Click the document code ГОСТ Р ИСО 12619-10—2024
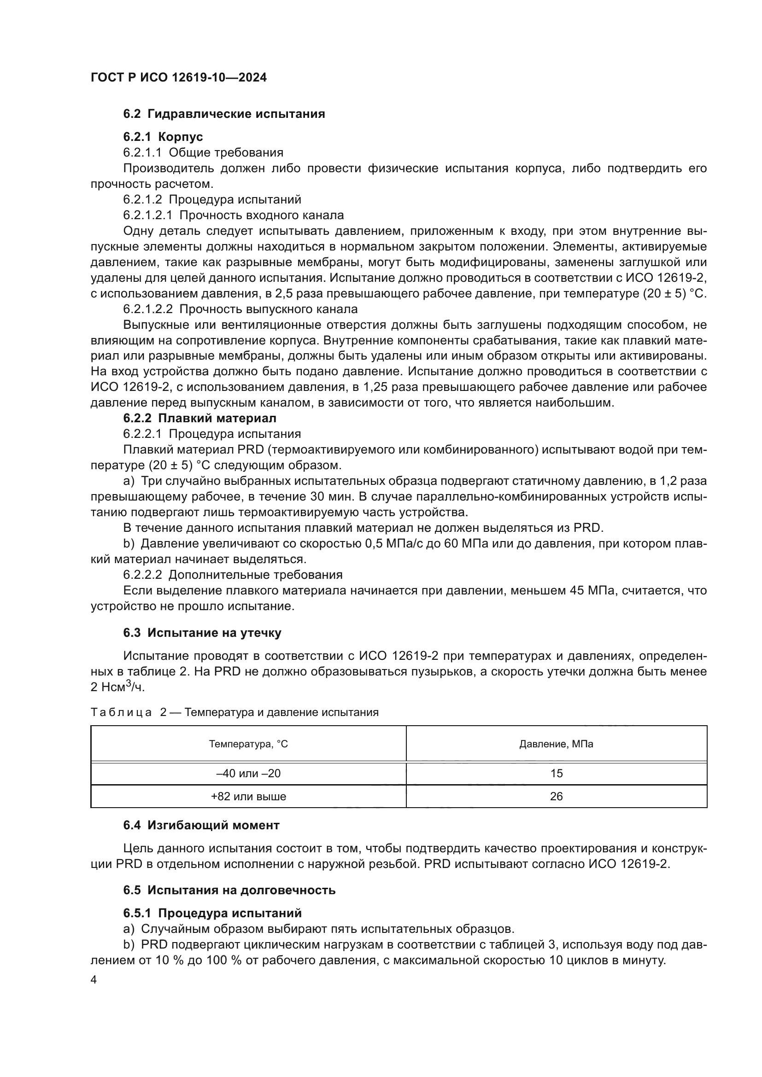(178, 77)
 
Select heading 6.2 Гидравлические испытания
(224, 114)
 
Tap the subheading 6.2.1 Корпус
(163, 137)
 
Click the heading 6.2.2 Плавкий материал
(199, 418)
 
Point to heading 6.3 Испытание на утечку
(202, 633)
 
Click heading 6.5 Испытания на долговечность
(229, 890)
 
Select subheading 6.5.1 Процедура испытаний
(212, 913)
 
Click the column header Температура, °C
(248, 744)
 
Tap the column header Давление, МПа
(556, 744)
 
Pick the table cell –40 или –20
(248, 774)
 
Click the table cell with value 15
(556, 774)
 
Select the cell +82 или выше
(248, 797)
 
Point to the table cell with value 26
(556, 797)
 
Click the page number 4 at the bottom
(94, 980)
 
